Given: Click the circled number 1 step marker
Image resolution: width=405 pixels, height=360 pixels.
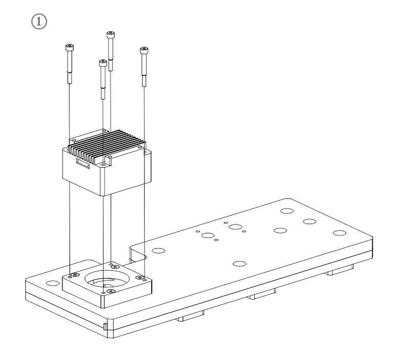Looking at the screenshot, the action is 39,22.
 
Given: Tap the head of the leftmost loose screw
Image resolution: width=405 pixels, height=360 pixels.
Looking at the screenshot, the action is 70,48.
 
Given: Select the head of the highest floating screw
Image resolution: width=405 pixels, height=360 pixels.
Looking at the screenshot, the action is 111,34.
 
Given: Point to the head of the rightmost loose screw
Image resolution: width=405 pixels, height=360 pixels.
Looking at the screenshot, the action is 144,50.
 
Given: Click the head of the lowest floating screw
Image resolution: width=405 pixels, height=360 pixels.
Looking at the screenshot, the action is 103,63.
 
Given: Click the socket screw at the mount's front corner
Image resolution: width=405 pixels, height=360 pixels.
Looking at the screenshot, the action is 111,291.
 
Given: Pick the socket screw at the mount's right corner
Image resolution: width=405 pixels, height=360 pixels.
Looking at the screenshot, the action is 140,278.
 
